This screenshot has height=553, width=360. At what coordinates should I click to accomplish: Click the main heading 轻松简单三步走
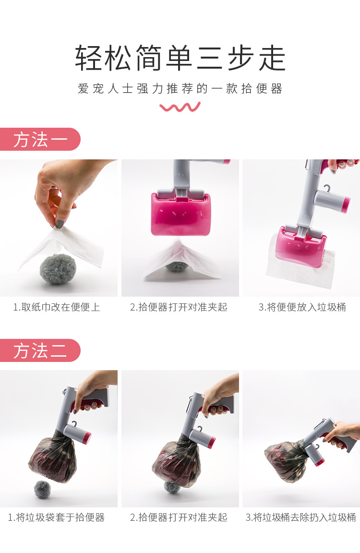click(180, 58)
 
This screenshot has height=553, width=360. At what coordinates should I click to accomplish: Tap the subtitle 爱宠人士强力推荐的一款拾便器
click(180, 89)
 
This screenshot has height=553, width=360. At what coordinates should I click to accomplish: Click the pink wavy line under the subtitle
click(180, 107)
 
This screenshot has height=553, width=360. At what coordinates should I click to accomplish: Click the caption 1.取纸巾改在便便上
click(57, 307)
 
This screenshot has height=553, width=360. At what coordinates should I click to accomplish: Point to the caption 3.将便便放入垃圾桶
click(302, 307)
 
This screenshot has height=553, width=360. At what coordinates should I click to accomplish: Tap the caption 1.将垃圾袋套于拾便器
click(56, 517)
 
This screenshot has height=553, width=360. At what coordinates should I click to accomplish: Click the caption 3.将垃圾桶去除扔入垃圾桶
click(301, 517)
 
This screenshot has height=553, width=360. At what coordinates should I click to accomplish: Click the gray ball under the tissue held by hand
click(58, 269)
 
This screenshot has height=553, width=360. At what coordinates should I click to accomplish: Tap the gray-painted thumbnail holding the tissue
click(60, 223)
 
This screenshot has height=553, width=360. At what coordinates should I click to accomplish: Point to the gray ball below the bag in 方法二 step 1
click(42, 489)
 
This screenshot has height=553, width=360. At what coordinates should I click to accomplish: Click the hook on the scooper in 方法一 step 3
click(328, 188)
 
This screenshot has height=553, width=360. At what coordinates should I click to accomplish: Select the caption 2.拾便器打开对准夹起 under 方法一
click(179, 307)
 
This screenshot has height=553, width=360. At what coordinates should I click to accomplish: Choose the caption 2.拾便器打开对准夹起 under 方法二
click(179, 517)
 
